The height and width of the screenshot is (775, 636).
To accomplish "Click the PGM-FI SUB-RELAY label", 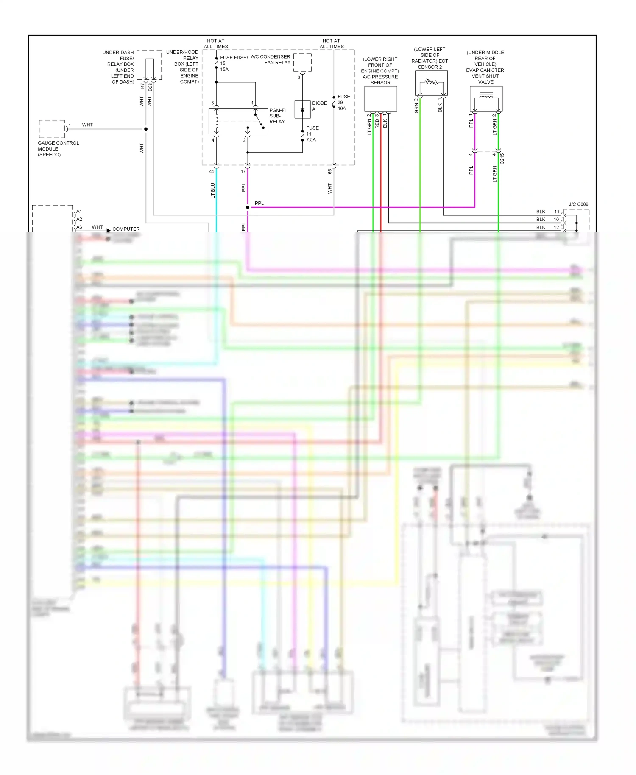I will (x=277, y=116).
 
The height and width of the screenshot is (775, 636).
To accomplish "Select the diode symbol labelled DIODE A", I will (x=302, y=110).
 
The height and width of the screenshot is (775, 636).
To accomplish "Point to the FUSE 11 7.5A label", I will (x=312, y=134).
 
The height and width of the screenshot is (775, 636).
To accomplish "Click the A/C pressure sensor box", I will (x=381, y=99).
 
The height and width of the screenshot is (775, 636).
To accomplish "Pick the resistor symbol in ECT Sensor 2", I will (x=432, y=82).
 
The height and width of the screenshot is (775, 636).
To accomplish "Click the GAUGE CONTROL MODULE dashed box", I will (x=52, y=129).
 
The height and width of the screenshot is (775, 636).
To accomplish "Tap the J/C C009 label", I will (x=578, y=204).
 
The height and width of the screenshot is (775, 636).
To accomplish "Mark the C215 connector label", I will (x=502, y=159).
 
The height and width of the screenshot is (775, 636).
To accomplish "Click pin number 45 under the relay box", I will (x=212, y=172).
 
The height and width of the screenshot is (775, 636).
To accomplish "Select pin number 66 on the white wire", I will (x=329, y=172).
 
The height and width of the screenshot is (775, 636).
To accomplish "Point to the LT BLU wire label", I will (x=213, y=190).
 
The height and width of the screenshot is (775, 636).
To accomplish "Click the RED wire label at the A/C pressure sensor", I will (x=377, y=124).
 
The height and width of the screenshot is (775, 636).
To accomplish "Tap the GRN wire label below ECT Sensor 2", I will (x=416, y=108).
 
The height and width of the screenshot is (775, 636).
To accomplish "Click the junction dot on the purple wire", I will (x=248, y=207).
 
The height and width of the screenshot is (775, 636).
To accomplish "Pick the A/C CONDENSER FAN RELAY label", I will (x=271, y=59).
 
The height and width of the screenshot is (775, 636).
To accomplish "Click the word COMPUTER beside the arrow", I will (x=126, y=229).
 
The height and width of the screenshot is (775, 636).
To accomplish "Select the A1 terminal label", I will (x=79, y=212).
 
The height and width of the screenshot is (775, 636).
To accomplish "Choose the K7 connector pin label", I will (x=142, y=86).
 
